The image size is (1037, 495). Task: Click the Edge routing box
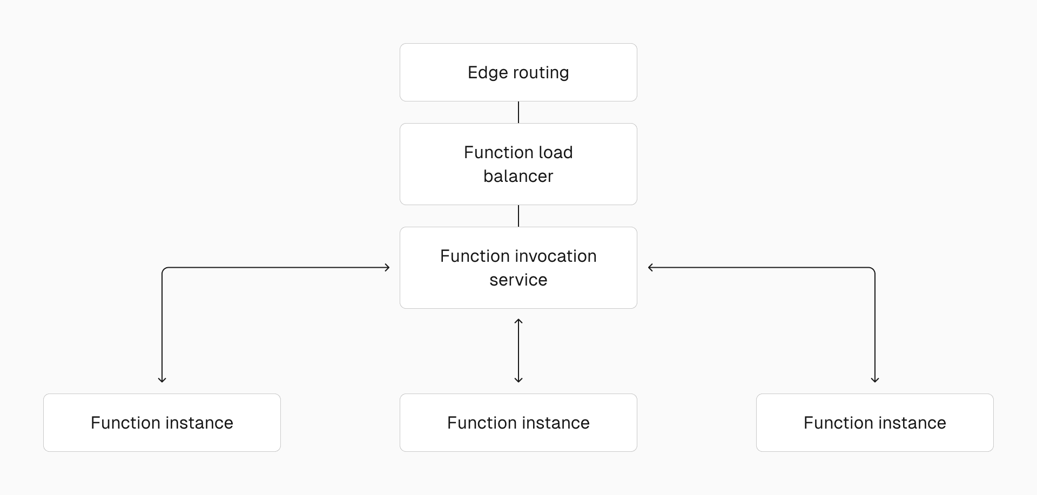coord(518,72)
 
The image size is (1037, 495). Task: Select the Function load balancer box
coord(518,164)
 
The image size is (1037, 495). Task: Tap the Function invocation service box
coord(518,268)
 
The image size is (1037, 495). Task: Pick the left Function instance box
coord(162,423)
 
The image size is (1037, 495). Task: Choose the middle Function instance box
coord(518,423)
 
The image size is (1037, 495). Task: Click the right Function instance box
coord(875,423)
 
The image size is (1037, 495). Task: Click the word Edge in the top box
coord(488,73)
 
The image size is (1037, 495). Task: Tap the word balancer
coord(518,176)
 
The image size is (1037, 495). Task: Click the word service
coord(518,280)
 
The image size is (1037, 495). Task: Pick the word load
coord(555,152)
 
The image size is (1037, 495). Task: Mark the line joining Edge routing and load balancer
coord(518,112)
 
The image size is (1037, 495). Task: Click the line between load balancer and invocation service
coord(518,216)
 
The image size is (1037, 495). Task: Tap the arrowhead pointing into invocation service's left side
coord(387,267)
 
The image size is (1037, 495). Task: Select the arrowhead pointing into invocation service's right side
coord(651,267)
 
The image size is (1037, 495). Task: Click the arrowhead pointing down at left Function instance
coord(162,379)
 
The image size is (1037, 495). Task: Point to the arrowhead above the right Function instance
coord(875,379)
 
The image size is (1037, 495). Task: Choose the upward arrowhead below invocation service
coord(518,322)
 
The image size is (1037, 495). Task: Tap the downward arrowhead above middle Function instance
coord(518,379)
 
